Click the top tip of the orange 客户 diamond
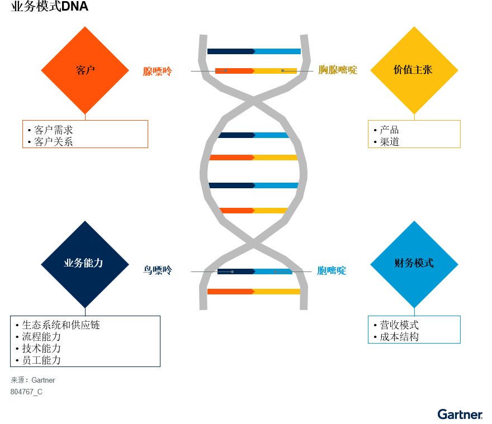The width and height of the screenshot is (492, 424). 85,27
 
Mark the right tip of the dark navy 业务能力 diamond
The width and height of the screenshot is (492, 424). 129,264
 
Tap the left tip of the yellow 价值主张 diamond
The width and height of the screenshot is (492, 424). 370,70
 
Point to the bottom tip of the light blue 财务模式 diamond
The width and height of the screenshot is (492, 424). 414,308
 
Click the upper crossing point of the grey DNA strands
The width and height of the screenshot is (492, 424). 253,101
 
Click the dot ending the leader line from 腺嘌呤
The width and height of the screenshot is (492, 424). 226,71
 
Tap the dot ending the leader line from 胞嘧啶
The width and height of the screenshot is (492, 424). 275,271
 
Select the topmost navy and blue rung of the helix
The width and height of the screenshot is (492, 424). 254,51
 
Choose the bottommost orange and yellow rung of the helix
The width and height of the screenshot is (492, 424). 254,292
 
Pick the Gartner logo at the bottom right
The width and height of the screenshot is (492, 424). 460,415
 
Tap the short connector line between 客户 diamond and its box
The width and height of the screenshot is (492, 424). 85,117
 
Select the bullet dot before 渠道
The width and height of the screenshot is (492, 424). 375,142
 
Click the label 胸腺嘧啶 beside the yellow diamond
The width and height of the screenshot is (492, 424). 338,70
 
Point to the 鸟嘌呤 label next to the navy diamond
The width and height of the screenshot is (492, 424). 158,270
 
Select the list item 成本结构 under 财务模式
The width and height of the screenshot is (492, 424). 399,337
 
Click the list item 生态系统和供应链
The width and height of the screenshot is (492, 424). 61,325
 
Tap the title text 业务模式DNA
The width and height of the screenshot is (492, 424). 50,6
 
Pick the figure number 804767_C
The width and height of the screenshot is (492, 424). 26,392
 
